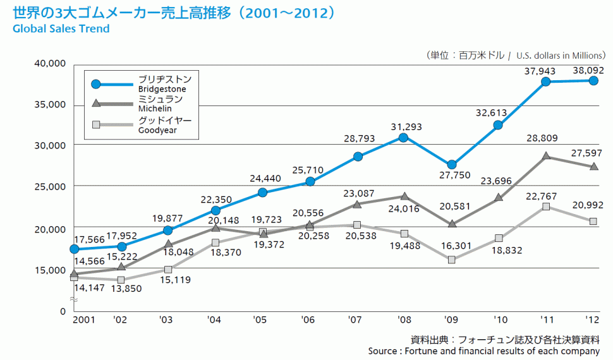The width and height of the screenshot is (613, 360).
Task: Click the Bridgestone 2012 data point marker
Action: [x=594, y=81]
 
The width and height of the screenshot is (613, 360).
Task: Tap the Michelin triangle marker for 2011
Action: [x=545, y=156]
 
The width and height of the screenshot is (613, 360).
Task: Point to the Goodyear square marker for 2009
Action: [x=451, y=260]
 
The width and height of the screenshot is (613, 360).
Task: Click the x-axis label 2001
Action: [x=83, y=320]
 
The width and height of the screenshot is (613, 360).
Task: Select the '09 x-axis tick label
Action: [x=451, y=320]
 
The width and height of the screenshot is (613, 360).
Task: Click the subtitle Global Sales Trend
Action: [x=61, y=29]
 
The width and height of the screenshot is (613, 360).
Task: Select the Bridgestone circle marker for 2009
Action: [x=451, y=165]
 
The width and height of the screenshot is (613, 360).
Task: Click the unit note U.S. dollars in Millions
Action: [x=560, y=55]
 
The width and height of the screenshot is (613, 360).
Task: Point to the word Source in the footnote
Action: [x=383, y=351]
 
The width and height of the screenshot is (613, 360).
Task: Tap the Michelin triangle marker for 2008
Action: [x=404, y=196]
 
